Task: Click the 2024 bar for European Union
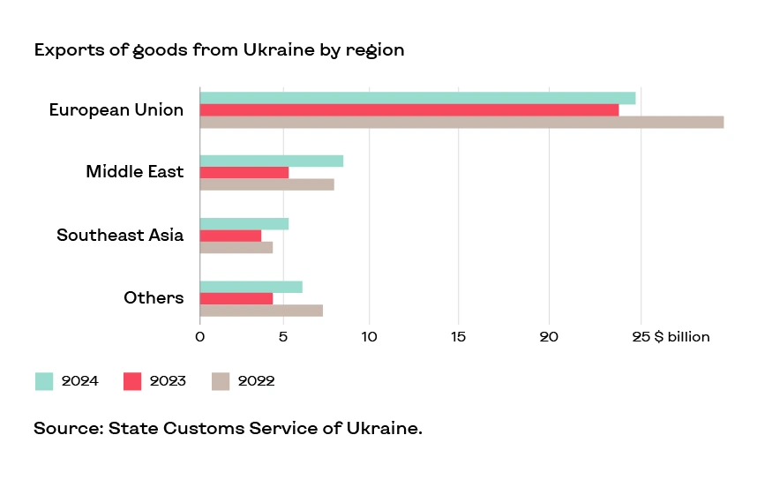417,98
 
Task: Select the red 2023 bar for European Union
409,110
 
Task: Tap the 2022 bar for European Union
461,123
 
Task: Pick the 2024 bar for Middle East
272,161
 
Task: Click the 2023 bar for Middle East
244,173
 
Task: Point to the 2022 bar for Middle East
266,184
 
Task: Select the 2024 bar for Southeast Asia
244,223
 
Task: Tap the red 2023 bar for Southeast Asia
230,236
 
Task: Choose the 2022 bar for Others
261,311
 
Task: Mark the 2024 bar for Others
251,287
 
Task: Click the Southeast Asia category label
120,235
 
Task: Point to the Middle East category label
134,171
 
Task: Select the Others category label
154,297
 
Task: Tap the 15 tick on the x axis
457,337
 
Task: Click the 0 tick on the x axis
200,337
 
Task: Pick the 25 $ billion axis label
671,337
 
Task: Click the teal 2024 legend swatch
44,381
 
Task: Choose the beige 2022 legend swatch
221,381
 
